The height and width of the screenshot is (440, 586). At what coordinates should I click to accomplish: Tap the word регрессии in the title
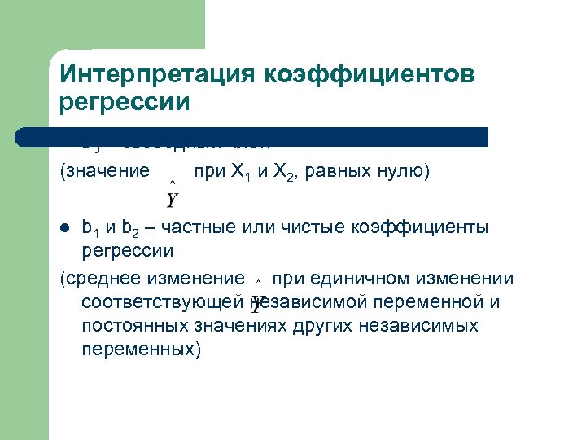coord(125,103)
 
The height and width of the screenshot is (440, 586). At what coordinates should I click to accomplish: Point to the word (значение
coord(105,172)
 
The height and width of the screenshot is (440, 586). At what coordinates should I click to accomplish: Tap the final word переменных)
coord(140,349)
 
